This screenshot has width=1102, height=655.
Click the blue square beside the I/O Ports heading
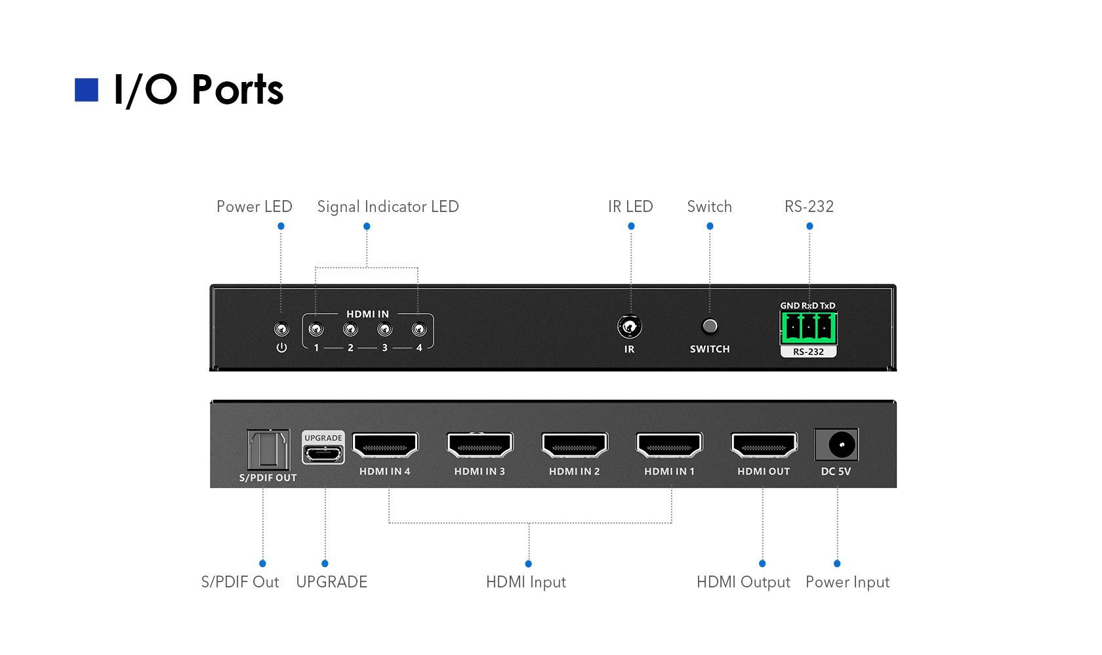[86, 90]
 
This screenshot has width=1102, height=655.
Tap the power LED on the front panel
[281, 329]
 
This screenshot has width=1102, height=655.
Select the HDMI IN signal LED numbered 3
[385, 329]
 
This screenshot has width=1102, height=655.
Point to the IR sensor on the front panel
[630, 326]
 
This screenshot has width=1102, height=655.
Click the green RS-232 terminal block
[808, 327]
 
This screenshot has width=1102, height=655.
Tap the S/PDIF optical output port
[268, 450]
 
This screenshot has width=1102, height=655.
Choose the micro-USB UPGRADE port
[323, 453]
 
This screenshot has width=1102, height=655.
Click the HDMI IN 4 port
[385, 446]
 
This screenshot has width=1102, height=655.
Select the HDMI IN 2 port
[575, 446]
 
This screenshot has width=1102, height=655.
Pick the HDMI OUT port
[764, 446]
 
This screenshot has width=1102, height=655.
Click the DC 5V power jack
[836, 445]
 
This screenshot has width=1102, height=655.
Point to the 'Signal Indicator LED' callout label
[388, 207]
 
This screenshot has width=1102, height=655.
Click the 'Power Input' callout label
[847, 582]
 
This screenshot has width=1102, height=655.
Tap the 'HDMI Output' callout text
[743, 582]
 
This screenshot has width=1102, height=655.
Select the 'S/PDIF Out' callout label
[240, 582]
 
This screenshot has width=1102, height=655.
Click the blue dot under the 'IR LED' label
[631, 226]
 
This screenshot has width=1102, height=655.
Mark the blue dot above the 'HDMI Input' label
[529, 564]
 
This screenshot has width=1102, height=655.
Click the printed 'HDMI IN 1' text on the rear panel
[669, 471]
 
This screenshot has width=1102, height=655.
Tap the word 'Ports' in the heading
[237, 90]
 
